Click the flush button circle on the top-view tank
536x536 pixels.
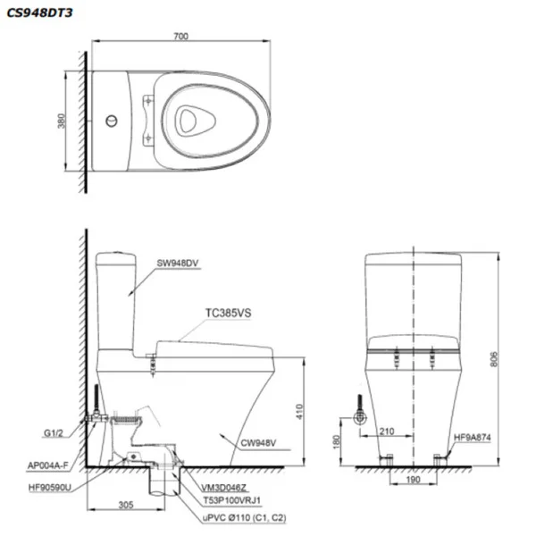(x=111, y=117)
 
